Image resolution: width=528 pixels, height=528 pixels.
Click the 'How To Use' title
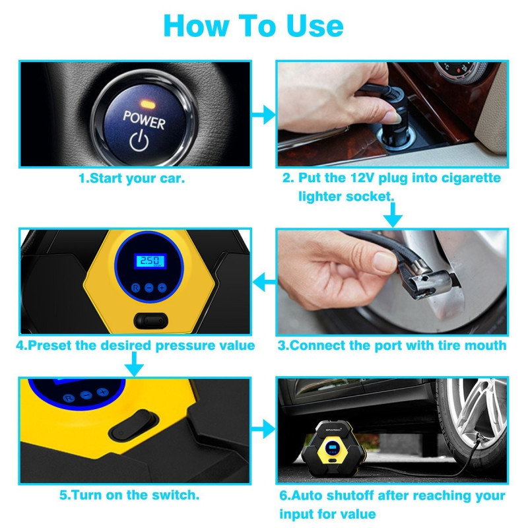point(253,25)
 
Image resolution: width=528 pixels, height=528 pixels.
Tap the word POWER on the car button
point(144,120)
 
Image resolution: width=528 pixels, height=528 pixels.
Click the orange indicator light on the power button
point(147,104)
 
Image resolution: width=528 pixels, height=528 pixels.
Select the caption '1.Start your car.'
point(131,178)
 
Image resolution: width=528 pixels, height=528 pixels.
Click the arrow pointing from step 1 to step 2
point(263,114)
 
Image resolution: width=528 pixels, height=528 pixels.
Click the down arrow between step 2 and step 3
point(393,215)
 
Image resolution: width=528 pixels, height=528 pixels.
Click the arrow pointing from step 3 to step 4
point(265,282)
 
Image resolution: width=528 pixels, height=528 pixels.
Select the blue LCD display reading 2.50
point(150,261)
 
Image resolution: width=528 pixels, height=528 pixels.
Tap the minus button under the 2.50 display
point(149,288)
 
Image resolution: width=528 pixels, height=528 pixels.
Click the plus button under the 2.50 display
point(162,288)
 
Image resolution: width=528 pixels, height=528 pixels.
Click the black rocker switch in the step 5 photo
point(134,425)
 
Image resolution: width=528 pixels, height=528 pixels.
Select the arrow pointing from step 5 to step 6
point(263,430)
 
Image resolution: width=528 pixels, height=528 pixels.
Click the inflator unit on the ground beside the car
point(333,448)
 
